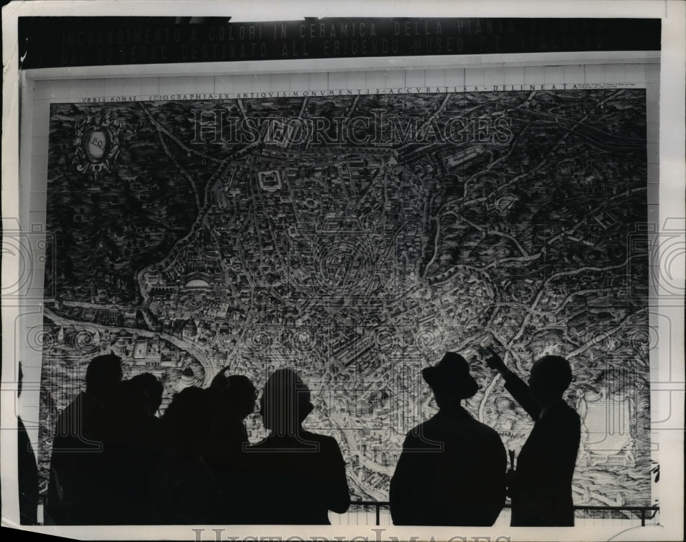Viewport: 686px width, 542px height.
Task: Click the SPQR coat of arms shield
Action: pos(96,143)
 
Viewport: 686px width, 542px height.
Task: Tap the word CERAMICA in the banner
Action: pos(338,30)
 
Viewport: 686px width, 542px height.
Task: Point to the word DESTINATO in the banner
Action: pos(232,49)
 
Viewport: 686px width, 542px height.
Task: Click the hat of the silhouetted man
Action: pos(450,373)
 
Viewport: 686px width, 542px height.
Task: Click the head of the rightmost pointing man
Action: pos(551,377)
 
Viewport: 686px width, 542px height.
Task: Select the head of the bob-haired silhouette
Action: pos(285,398)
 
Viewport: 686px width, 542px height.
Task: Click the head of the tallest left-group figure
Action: pos(104,374)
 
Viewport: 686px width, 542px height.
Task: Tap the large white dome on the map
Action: pos(197,282)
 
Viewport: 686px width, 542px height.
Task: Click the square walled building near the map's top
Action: pos(270,180)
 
